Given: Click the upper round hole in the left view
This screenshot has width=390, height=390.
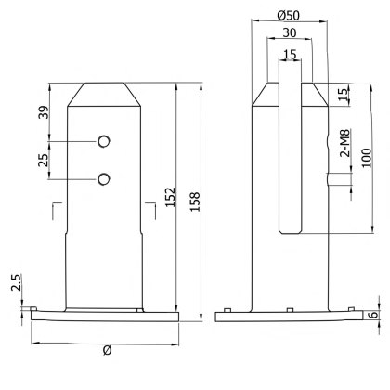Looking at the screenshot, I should [103, 140].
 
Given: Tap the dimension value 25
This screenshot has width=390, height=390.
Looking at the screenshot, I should [42, 160].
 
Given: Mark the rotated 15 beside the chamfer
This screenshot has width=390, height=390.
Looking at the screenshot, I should [342, 95].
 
